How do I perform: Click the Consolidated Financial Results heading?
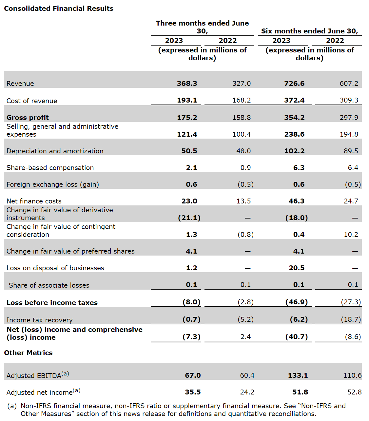coord(59,9)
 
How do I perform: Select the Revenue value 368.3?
coord(187,84)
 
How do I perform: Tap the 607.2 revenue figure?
coord(349,84)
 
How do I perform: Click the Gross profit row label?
coord(28,118)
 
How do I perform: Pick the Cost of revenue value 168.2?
coord(242,100)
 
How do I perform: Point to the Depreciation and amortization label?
coord(55,151)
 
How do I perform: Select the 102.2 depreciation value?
coord(294,151)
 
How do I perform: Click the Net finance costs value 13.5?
coord(243,201)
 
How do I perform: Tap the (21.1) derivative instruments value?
coord(189,218)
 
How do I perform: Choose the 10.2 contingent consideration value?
coord(351,235)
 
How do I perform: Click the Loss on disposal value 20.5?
coord(297,268)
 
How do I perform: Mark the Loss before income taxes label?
coord(52,303)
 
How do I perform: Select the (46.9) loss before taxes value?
coord(297,302)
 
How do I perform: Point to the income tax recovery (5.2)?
coord(245,319)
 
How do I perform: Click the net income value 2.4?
coord(245,337)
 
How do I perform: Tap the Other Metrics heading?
coord(28,353)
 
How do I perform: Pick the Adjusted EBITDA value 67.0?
coord(193,375)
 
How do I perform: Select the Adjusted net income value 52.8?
coord(354,392)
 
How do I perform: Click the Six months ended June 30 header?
coord(309,31)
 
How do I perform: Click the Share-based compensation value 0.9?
coord(245,168)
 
